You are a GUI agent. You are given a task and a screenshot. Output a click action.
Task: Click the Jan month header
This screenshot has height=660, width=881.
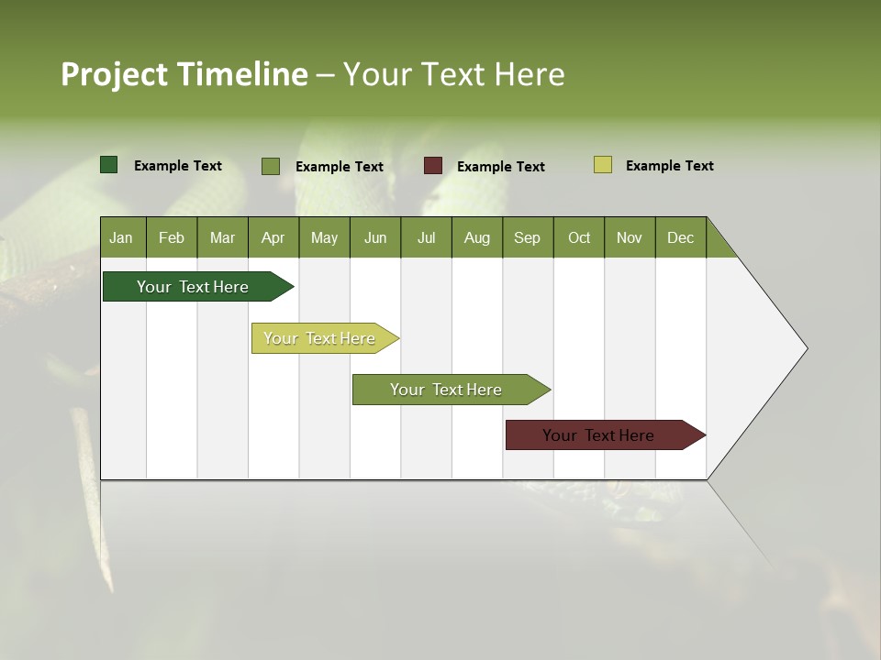coord(122,237)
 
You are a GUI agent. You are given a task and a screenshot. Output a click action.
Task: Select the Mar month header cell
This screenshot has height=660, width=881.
coord(222,237)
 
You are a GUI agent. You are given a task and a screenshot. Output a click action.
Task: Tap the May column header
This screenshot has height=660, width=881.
coord(324,237)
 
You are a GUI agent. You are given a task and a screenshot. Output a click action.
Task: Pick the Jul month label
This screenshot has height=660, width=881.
coord(426,237)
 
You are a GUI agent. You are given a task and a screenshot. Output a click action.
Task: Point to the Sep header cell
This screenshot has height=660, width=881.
coord(527,237)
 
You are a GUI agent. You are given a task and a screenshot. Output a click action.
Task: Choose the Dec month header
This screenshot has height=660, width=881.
coord(680,237)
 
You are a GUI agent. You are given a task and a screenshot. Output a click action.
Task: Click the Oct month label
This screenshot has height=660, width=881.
coord(578,237)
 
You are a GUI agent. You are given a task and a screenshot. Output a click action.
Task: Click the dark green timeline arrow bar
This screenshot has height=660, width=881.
coord(194,287)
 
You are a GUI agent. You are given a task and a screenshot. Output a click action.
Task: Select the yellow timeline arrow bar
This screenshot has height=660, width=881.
coord(320,338)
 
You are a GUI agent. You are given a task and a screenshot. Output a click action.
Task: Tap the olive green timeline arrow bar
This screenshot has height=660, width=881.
coord(446,390)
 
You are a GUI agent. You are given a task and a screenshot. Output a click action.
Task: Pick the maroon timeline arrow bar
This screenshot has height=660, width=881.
coord(599,435)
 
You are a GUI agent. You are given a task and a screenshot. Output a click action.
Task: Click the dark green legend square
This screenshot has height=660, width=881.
coord(109,165)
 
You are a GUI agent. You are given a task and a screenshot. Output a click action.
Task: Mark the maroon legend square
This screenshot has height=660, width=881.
coord(433,166)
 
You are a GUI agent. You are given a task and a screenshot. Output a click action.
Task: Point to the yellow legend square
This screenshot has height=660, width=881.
coord(602,165)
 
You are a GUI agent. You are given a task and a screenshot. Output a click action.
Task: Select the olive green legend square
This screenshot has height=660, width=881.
coord(271,166)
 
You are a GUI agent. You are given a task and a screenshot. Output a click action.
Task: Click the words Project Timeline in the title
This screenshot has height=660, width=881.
coord(184,74)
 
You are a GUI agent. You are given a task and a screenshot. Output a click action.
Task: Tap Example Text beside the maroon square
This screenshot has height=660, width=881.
coord(500,167)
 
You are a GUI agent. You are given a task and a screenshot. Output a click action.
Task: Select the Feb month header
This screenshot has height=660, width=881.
coord(172,237)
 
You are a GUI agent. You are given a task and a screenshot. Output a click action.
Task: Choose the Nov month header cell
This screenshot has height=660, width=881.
coord(629,237)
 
